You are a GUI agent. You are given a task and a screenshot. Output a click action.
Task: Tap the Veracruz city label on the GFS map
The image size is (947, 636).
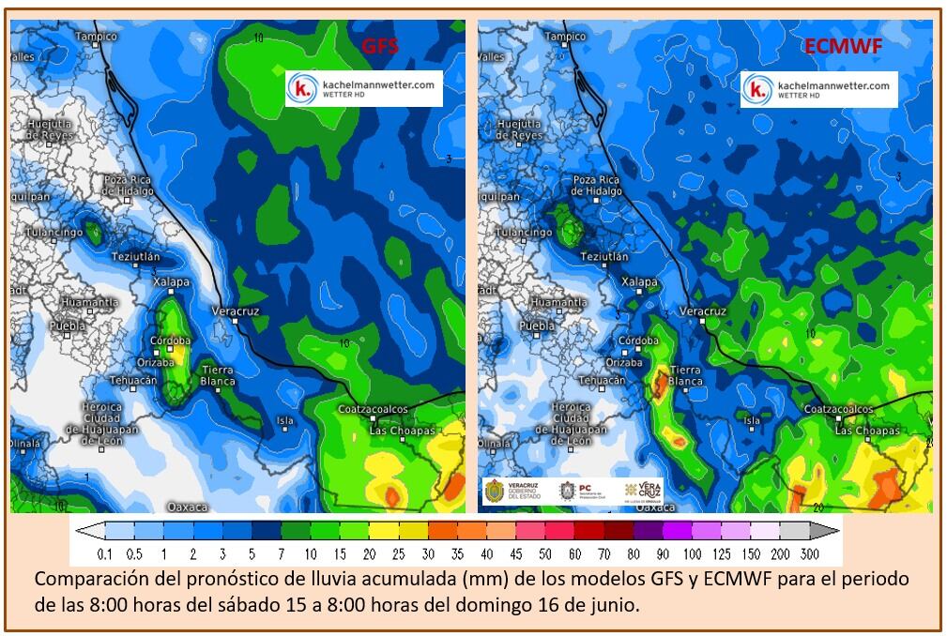[236, 310]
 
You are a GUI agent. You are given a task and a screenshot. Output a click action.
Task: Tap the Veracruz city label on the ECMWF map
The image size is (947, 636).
[703, 310]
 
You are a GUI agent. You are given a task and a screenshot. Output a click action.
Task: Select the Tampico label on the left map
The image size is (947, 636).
[97, 37]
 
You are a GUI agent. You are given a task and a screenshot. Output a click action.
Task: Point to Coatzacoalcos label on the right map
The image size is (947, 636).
[840, 410]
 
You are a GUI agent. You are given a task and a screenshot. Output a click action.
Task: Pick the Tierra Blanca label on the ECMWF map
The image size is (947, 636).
[685, 376]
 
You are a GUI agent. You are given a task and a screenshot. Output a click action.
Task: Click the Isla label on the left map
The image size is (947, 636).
[284, 420]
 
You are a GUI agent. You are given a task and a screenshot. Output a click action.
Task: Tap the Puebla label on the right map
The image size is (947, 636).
[537, 326]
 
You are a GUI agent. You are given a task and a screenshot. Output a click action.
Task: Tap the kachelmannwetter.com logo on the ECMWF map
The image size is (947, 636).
[818, 89]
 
